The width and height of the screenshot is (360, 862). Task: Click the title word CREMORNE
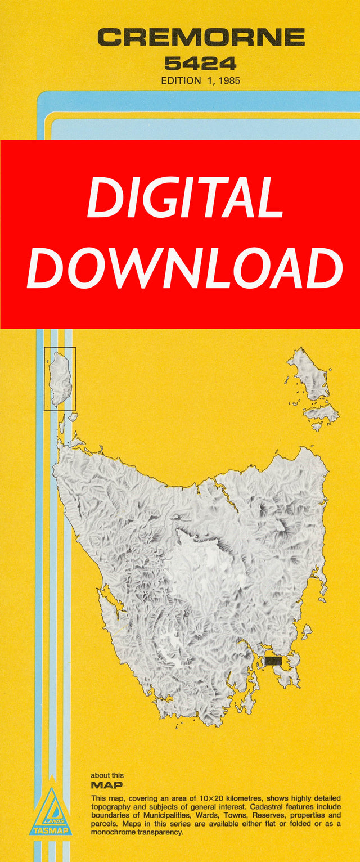(x=201, y=38)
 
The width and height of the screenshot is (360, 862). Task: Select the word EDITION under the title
(x=181, y=80)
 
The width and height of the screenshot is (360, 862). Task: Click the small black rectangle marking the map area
(x=273, y=661)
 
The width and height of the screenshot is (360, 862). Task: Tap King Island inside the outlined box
(x=59, y=378)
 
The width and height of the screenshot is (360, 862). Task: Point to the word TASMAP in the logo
(x=51, y=830)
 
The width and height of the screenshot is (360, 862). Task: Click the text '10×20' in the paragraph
(x=224, y=799)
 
